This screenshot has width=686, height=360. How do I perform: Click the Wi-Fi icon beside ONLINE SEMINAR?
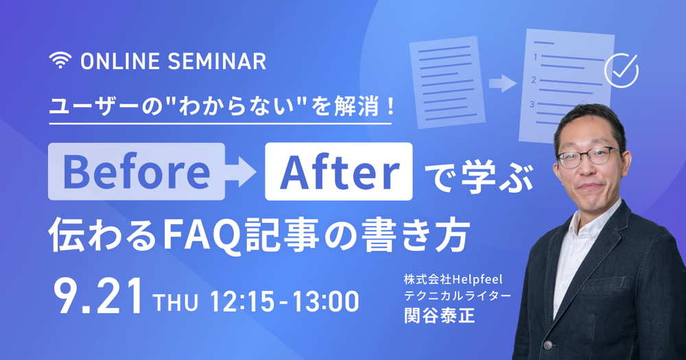(x=60, y=60)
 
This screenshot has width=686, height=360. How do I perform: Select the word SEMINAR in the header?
(x=217, y=61)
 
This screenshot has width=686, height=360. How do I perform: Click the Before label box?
(x=137, y=171)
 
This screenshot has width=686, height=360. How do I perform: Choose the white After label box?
(x=339, y=171)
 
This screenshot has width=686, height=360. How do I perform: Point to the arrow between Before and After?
(x=241, y=171)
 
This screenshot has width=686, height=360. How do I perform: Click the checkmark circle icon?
(x=621, y=71)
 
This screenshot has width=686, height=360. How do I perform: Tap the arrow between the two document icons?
(x=503, y=83)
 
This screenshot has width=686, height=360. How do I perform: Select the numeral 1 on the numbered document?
(x=534, y=57)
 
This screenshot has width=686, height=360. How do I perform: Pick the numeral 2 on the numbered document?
(x=533, y=80)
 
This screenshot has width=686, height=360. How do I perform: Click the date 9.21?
(x=99, y=296)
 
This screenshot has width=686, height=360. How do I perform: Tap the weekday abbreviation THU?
(x=176, y=302)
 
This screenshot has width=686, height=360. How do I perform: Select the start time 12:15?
(x=242, y=302)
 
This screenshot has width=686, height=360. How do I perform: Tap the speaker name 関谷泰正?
(x=439, y=314)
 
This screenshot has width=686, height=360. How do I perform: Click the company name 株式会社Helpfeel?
(x=453, y=279)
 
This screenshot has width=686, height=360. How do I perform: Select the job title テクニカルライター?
(x=457, y=296)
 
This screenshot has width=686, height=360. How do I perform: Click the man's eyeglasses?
(x=589, y=156)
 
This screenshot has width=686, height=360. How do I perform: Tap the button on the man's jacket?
(x=547, y=345)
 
